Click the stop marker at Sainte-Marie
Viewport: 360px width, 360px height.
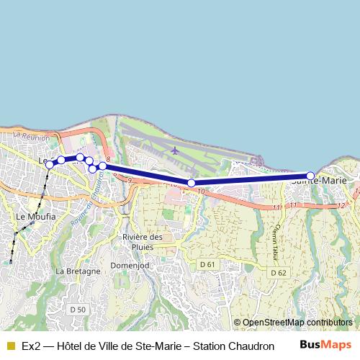[310, 176]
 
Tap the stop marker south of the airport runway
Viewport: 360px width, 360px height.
[191, 183]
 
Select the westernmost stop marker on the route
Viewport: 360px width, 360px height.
[50, 165]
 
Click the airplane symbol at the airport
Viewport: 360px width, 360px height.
[176, 150]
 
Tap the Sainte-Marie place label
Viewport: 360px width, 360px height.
[319, 181]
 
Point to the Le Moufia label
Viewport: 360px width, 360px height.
[31, 216]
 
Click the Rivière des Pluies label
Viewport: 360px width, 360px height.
[143, 242]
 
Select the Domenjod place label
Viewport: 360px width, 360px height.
[129, 264]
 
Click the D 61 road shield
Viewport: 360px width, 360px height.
[207, 265]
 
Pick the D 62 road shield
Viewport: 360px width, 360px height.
[279, 273]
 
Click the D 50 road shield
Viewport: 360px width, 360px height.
[78, 310]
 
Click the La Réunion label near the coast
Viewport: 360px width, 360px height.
[32, 137]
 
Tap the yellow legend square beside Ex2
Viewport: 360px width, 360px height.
[11, 346]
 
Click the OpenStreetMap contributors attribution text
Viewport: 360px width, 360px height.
[297, 323]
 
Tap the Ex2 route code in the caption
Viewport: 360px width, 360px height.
[30, 346]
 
